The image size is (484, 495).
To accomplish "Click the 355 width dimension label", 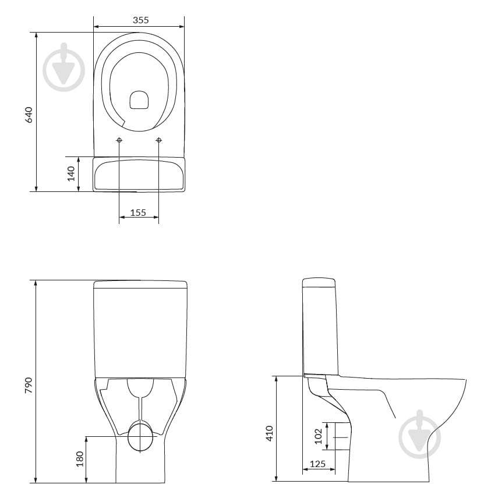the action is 141,20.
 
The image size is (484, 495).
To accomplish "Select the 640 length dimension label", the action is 29,115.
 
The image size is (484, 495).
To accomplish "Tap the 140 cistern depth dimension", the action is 71,174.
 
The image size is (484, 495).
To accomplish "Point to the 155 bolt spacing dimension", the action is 138,212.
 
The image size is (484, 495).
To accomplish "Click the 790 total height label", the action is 29,385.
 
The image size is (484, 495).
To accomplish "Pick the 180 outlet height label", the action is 80,459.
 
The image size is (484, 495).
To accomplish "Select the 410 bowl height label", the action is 269,433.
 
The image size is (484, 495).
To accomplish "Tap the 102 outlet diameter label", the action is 319,436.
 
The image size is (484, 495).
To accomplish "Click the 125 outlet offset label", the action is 317,464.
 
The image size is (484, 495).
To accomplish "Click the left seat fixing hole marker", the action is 119,140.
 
